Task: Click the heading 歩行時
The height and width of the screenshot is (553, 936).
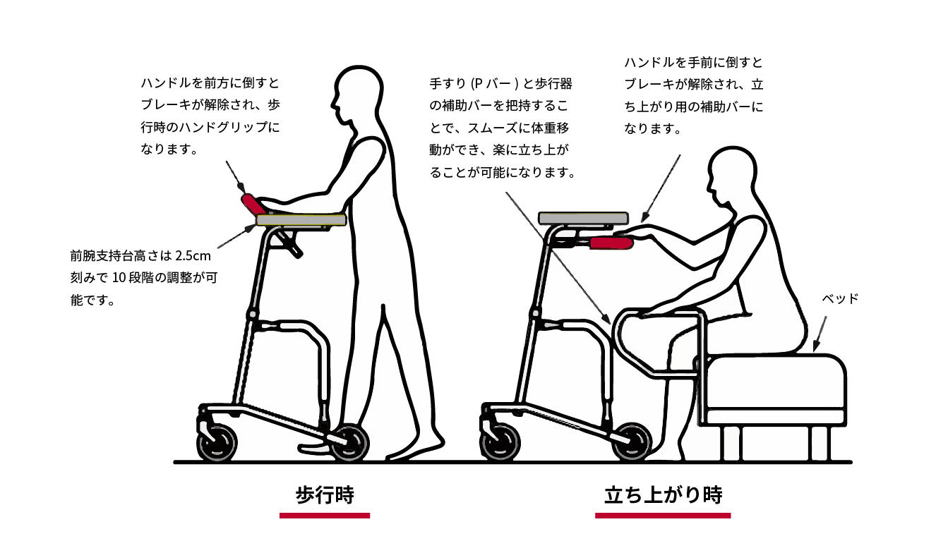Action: click(325, 495)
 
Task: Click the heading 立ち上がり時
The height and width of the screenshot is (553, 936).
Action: click(663, 495)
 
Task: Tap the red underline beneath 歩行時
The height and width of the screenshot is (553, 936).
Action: click(325, 516)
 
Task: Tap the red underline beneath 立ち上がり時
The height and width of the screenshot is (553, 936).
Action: click(663, 516)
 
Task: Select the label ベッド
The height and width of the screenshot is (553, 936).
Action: click(840, 298)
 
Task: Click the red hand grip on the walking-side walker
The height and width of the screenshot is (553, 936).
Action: click(253, 205)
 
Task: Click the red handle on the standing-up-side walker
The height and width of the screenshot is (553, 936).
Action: click(611, 243)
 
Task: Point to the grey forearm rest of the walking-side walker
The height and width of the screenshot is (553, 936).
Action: click(301, 219)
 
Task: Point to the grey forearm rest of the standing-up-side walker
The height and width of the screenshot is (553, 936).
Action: click(583, 218)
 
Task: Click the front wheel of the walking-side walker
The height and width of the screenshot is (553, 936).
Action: click(217, 442)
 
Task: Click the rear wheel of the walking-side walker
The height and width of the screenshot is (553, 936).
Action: click(350, 443)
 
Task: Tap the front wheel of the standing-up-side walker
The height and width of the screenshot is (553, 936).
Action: click(500, 442)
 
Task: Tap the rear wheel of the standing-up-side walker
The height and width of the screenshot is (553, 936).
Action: click(632, 442)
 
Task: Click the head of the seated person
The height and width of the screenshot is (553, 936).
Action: click(732, 176)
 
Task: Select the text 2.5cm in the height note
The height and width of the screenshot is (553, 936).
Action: click(193, 255)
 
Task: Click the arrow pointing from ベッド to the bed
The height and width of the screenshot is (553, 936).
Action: click(820, 334)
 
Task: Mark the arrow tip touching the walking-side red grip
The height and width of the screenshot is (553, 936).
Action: click(244, 192)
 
